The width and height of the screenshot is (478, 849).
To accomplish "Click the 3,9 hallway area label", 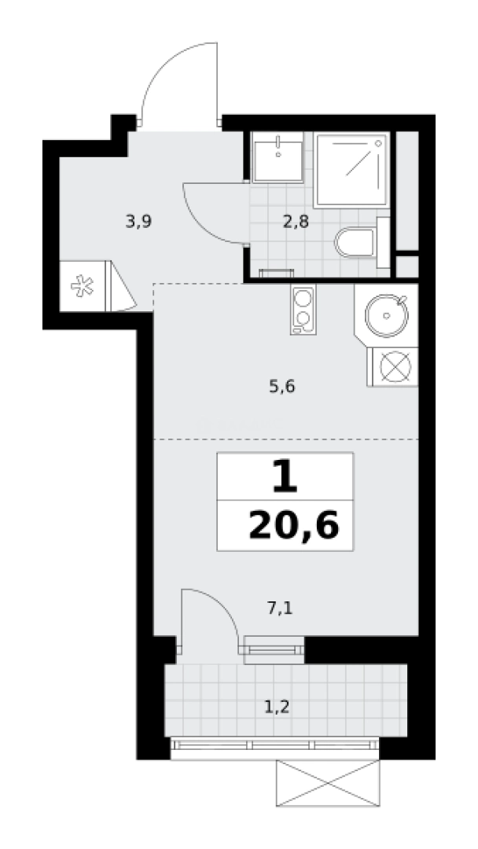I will (138, 222).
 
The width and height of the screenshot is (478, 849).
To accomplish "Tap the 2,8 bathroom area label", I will (296, 222).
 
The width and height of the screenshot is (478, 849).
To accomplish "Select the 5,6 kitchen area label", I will (283, 386).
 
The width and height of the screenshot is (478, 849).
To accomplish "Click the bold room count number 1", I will (285, 477).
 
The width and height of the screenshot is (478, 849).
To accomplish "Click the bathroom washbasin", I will (278, 156).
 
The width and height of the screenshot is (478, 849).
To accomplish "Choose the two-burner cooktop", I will (302, 310).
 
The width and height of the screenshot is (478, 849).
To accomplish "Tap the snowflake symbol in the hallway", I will (80, 287).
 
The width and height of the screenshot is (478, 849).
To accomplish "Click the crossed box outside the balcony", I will (327, 785).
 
